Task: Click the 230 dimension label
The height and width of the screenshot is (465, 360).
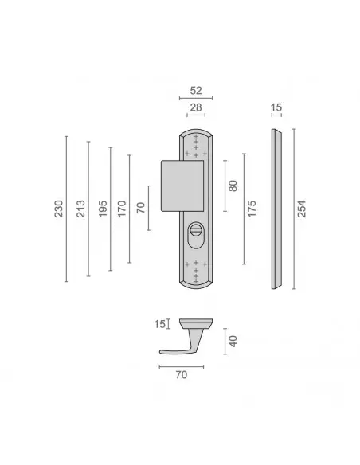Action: [59, 209]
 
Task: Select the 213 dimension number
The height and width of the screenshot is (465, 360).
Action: [80, 209]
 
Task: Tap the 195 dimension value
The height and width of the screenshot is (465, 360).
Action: [103, 209]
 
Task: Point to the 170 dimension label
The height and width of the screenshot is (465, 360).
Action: [122, 209]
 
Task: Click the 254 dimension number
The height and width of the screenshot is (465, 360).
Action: [301, 209]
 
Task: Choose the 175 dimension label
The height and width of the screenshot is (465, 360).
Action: [252, 209]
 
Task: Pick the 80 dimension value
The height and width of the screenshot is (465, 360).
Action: [233, 186]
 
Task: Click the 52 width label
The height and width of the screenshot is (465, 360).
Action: [196, 91]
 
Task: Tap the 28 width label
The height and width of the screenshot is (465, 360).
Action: [196, 107]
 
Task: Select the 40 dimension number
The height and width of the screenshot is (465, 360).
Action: [233, 341]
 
